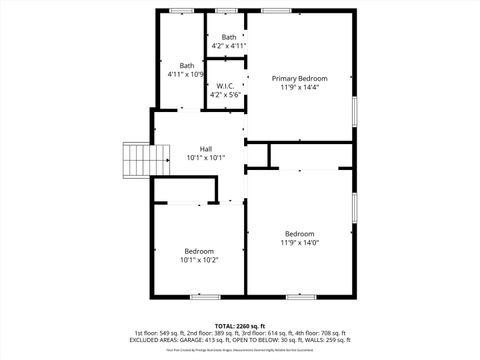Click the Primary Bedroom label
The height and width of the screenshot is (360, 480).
pos(300,78)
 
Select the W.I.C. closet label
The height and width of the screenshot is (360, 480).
pos(225,86)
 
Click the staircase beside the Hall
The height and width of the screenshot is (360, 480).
pos(136,158)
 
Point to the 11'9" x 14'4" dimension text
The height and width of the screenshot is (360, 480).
pos(300,87)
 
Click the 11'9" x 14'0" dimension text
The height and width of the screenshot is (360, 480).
pos(299,242)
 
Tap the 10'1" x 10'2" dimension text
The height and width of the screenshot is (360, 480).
pos(199,260)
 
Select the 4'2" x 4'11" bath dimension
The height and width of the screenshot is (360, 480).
pos(229,46)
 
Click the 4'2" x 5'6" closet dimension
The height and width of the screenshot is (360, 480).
pos(225,94)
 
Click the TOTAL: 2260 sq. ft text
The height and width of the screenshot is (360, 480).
pos(239,326)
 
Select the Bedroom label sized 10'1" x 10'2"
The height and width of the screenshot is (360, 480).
pos(199,251)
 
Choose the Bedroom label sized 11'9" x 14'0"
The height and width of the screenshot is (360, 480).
pos(299,234)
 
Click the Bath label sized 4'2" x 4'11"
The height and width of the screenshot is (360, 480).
pos(229,37)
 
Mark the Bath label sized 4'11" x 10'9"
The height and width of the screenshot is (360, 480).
pos(186,66)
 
